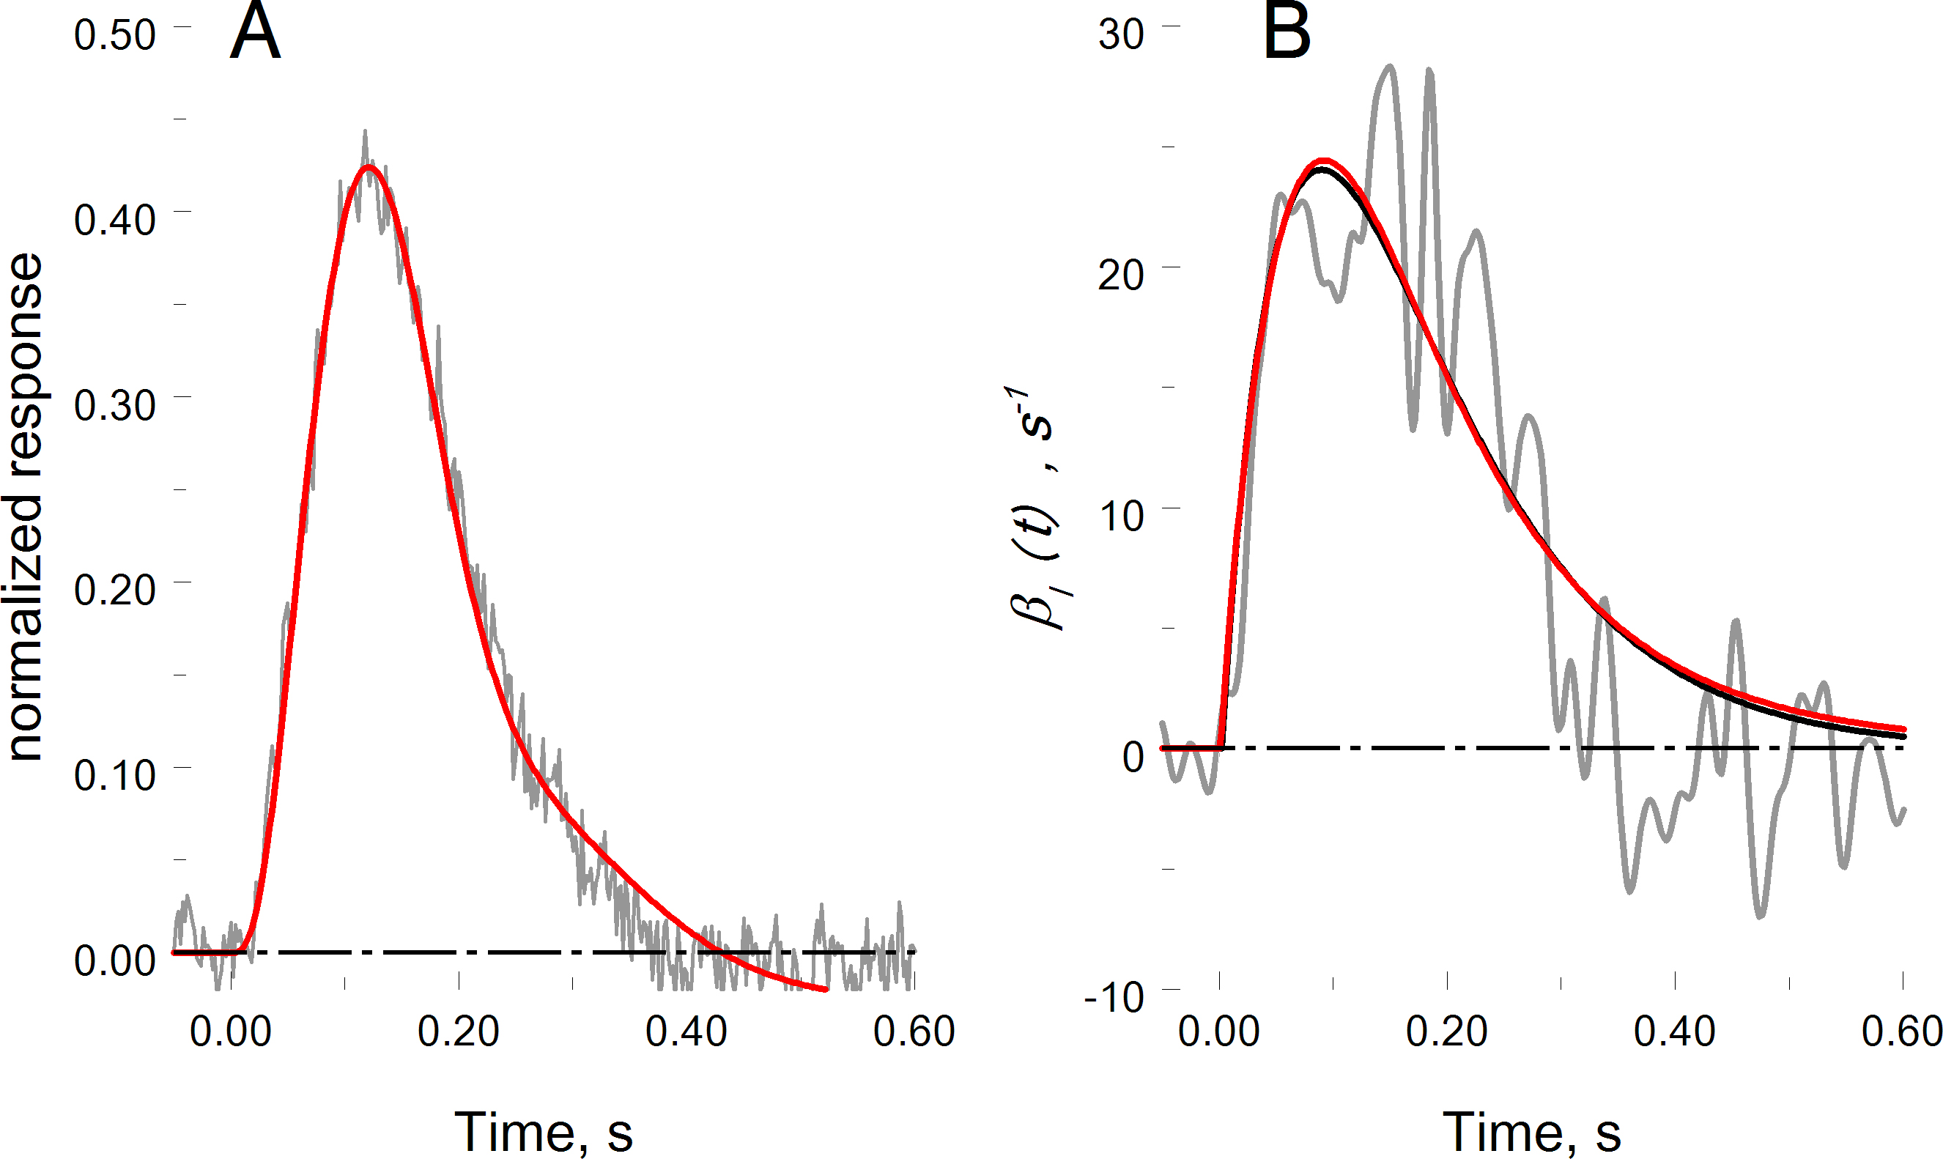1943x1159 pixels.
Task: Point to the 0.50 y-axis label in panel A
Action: [115, 35]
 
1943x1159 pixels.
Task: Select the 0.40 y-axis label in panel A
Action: [115, 221]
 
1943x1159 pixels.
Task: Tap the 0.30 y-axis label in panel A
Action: [115, 405]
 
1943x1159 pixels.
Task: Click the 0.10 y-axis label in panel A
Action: [115, 776]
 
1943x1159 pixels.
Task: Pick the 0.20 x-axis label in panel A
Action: [459, 1032]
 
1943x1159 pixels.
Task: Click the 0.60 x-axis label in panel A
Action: [914, 1032]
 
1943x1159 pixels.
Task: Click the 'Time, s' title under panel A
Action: [544, 1131]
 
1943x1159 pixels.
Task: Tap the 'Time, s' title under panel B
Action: [1531, 1131]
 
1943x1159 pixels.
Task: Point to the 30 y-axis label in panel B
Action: [1121, 35]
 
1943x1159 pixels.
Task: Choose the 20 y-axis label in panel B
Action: [1121, 275]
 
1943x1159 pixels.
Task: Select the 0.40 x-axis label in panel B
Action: [1674, 1032]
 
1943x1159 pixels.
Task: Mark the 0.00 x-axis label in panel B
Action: [1218, 1032]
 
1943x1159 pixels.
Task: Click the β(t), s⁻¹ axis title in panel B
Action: [1032, 508]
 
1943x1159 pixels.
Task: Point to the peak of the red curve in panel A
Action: [369, 166]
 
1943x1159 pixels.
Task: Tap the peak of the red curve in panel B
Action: [1323, 161]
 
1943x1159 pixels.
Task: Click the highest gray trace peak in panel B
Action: [1389, 67]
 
